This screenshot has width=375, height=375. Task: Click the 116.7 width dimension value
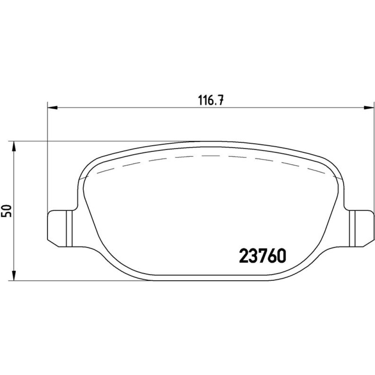click(211, 100)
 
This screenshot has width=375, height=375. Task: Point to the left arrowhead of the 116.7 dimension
click(52, 108)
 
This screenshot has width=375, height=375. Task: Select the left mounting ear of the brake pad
click(63, 228)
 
